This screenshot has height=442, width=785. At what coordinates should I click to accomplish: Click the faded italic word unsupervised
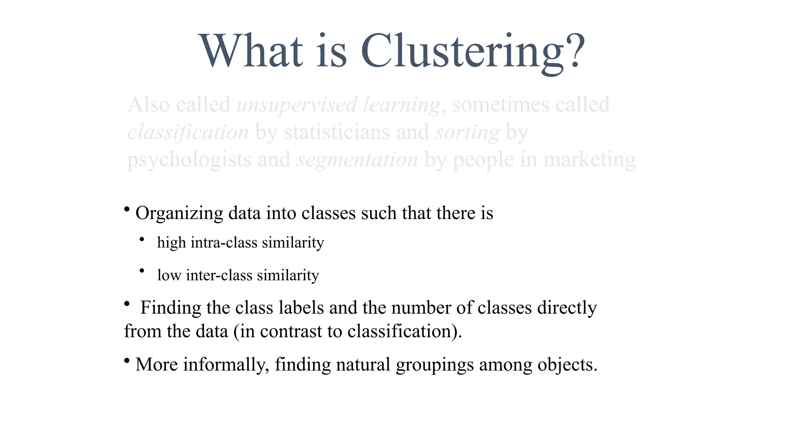(297, 105)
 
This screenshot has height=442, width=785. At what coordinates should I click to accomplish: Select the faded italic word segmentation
(357, 160)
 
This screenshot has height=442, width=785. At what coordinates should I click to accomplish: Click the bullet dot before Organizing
(126, 209)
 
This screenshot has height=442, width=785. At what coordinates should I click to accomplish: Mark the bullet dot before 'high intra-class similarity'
(142, 240)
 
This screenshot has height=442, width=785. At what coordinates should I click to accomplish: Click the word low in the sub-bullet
(169, 275)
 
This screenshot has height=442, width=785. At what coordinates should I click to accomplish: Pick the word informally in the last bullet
(226, 364)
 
